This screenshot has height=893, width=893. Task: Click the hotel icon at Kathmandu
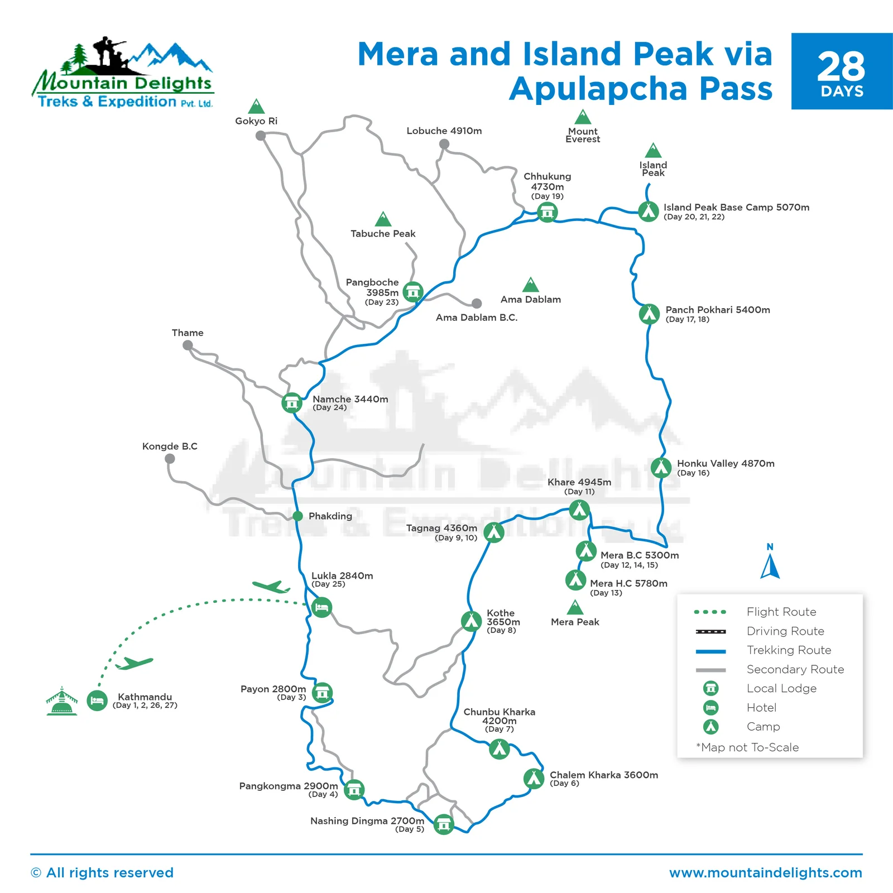(97, 700)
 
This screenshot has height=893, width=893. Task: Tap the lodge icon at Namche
(292, 402)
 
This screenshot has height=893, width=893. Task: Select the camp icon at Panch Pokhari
(649, 314)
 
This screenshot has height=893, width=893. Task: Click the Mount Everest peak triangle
(583, 117)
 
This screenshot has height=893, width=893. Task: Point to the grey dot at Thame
(188, 345)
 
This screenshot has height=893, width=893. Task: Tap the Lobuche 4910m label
(444, 131)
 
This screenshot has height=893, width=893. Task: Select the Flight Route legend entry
(781, 612)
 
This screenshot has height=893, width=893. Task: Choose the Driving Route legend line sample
(710, 632)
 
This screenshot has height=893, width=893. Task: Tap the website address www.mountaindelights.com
(766, 873)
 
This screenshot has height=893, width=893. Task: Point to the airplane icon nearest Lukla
(271, 587)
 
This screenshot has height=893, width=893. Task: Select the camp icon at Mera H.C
(575, 580)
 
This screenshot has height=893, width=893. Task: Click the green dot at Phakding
(298, 516)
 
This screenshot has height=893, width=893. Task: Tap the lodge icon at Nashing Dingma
(444, 824)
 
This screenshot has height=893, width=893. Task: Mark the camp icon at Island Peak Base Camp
(649, 212)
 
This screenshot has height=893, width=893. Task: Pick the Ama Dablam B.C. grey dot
(477, 304)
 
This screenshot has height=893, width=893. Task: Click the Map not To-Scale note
(747, 747)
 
